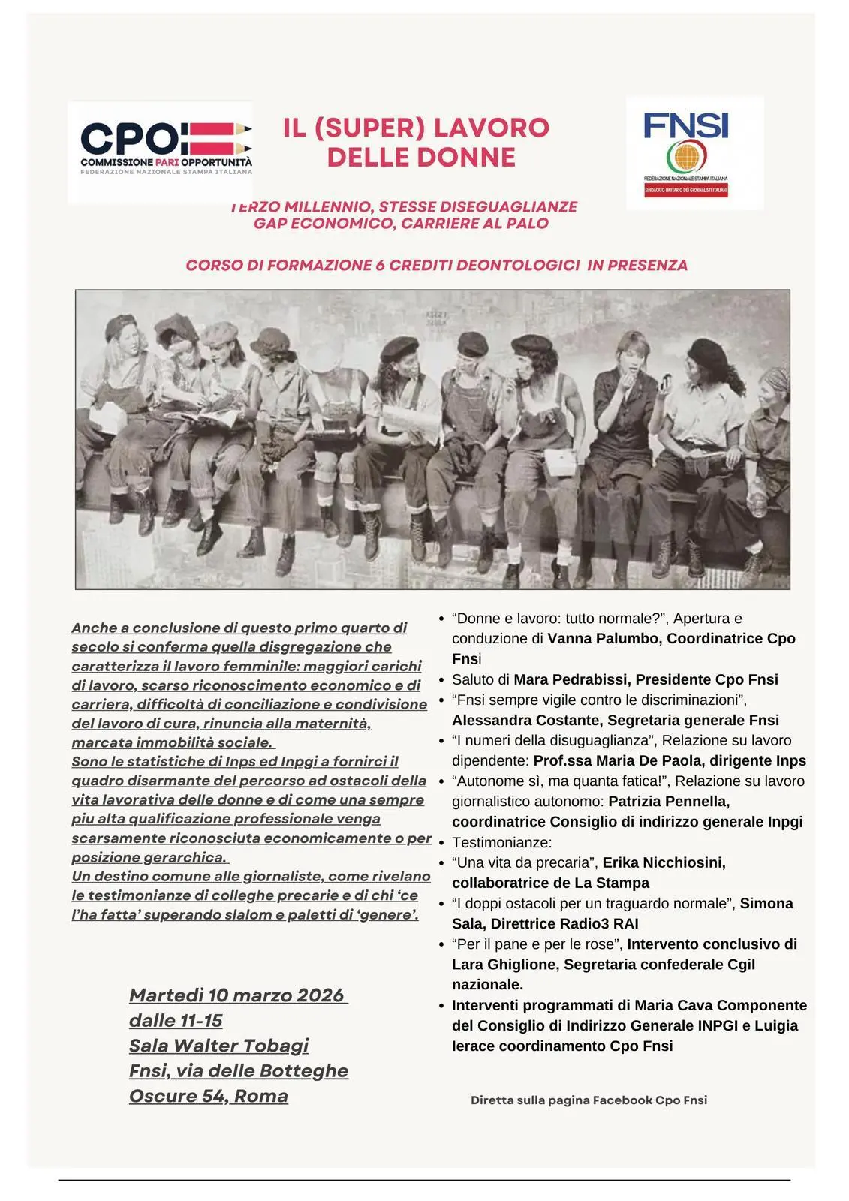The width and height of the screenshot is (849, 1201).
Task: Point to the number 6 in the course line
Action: coord(381,265)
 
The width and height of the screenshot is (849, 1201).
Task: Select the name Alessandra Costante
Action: coord(525,720)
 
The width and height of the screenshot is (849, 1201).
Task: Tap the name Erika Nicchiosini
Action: coord(664,862)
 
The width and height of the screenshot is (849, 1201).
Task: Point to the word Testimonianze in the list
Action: coord(501,842)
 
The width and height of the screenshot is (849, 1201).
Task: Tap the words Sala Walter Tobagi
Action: coord(218,1046)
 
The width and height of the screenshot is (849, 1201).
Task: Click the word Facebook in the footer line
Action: coord(622,1100)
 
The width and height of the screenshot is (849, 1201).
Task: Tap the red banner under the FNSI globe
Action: coord(686,191)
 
